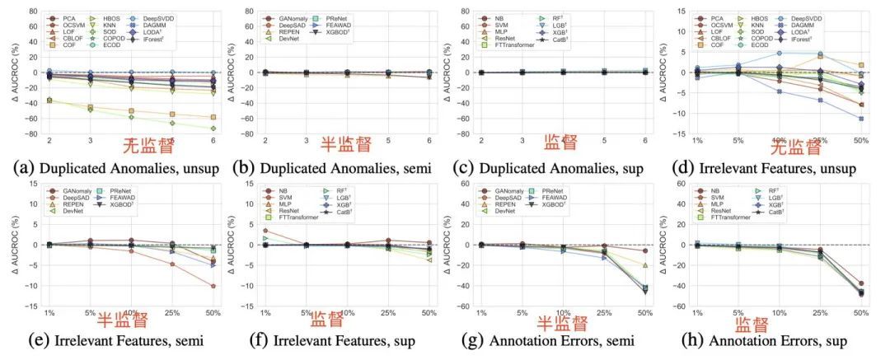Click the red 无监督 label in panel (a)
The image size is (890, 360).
tap(148, 147)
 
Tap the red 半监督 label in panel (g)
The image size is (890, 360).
tap(563, 323)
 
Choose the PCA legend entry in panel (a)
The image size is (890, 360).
tap(65, 17)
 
